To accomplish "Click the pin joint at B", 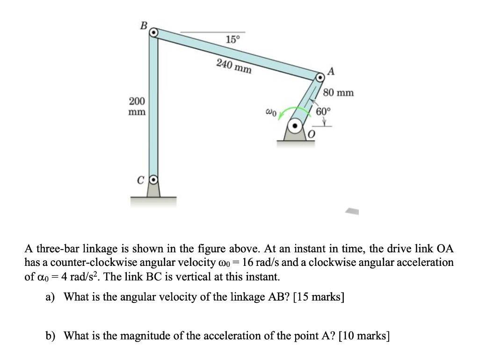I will [153, 33].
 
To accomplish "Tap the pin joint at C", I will [153, 179].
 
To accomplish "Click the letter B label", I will [143, 24].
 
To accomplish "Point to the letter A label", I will [332, 72].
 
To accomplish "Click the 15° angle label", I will [232, 39].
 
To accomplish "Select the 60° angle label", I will [323, 111].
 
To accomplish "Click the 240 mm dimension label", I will [234, 66].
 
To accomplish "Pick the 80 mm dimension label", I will [339, 93].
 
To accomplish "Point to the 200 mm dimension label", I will [137, 107].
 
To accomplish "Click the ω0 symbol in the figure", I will [272, 112].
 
